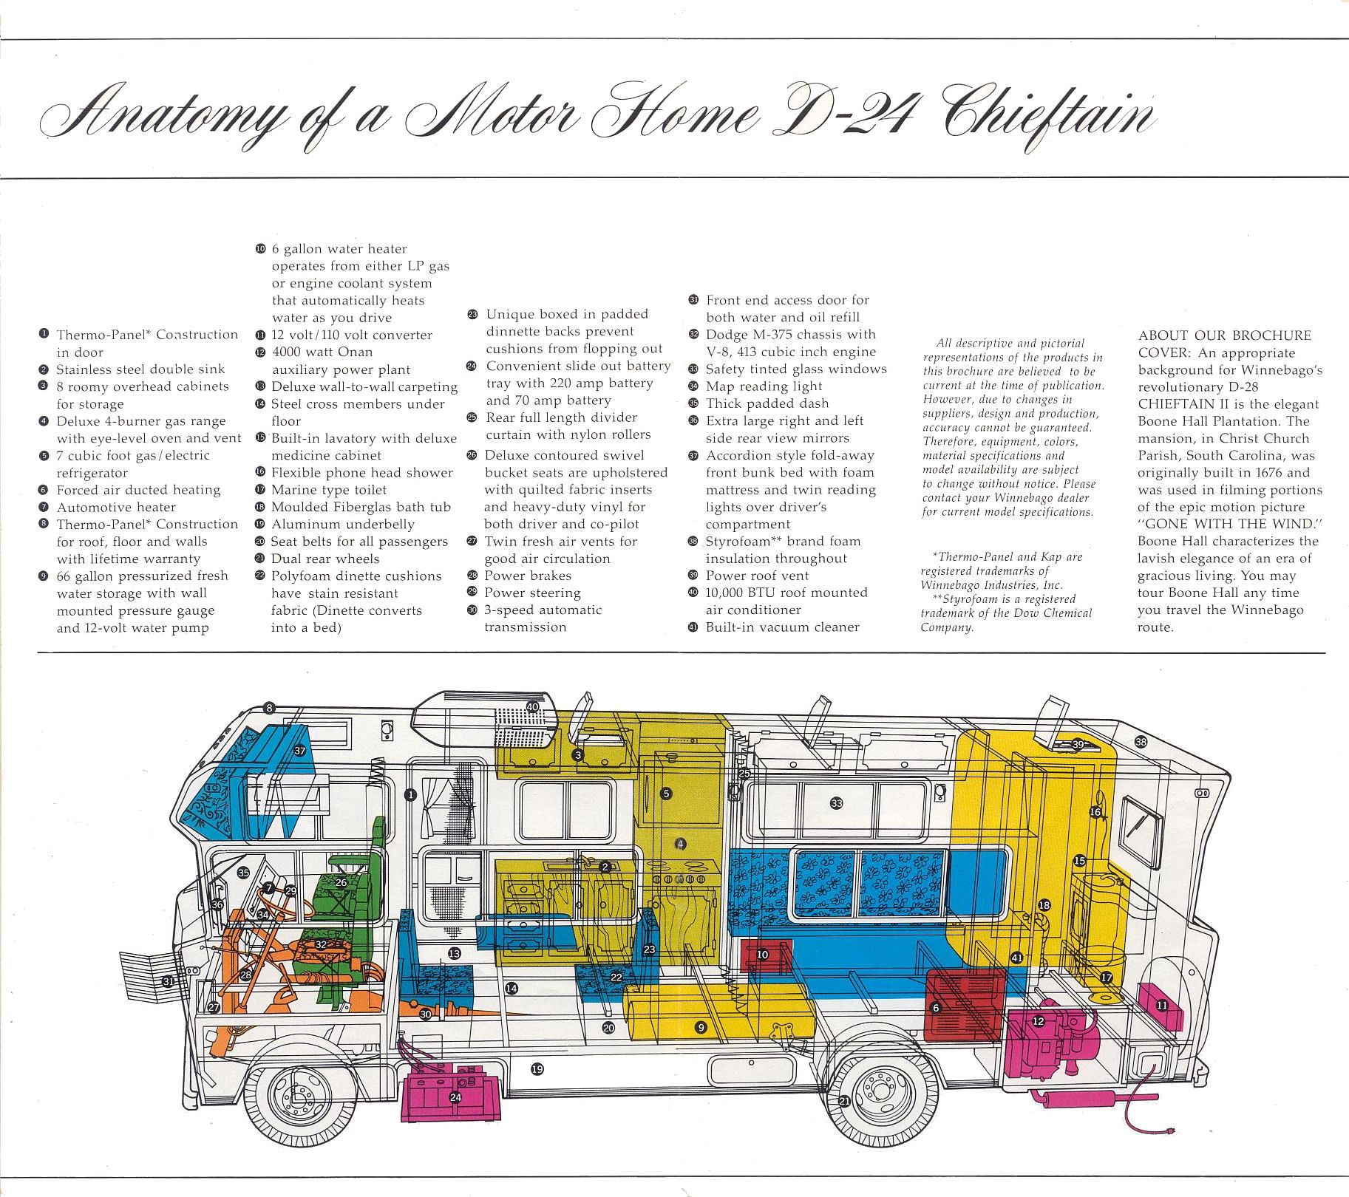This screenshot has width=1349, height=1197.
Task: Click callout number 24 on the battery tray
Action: (455, 1097)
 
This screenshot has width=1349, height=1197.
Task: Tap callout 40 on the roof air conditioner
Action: (532, 707)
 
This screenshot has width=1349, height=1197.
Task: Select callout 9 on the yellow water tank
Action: (701, 1027)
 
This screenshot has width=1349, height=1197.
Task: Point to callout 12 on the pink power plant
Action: (1038, 1021)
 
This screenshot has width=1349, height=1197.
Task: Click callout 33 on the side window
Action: (836, 803)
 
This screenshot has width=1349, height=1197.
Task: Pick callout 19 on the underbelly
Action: (537, 1068)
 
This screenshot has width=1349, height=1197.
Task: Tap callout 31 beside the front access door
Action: (169, 981)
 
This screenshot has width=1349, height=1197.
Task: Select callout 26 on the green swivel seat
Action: (341, 882)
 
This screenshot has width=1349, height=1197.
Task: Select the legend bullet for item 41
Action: (693, 627)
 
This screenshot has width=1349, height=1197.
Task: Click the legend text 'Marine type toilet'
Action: (329, 489)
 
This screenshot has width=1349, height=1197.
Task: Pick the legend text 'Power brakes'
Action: (528, 576)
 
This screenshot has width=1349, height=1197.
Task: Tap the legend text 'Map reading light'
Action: (764, 386)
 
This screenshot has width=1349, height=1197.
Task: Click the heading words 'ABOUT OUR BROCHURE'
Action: (1225, 335)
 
